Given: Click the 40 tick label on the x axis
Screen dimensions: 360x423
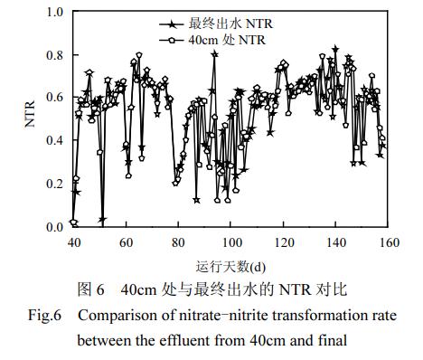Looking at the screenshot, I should (73, 242).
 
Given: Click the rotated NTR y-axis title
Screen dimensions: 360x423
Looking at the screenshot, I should (30, 119).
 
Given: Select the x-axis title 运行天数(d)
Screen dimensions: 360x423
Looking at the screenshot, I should (230, 268).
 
